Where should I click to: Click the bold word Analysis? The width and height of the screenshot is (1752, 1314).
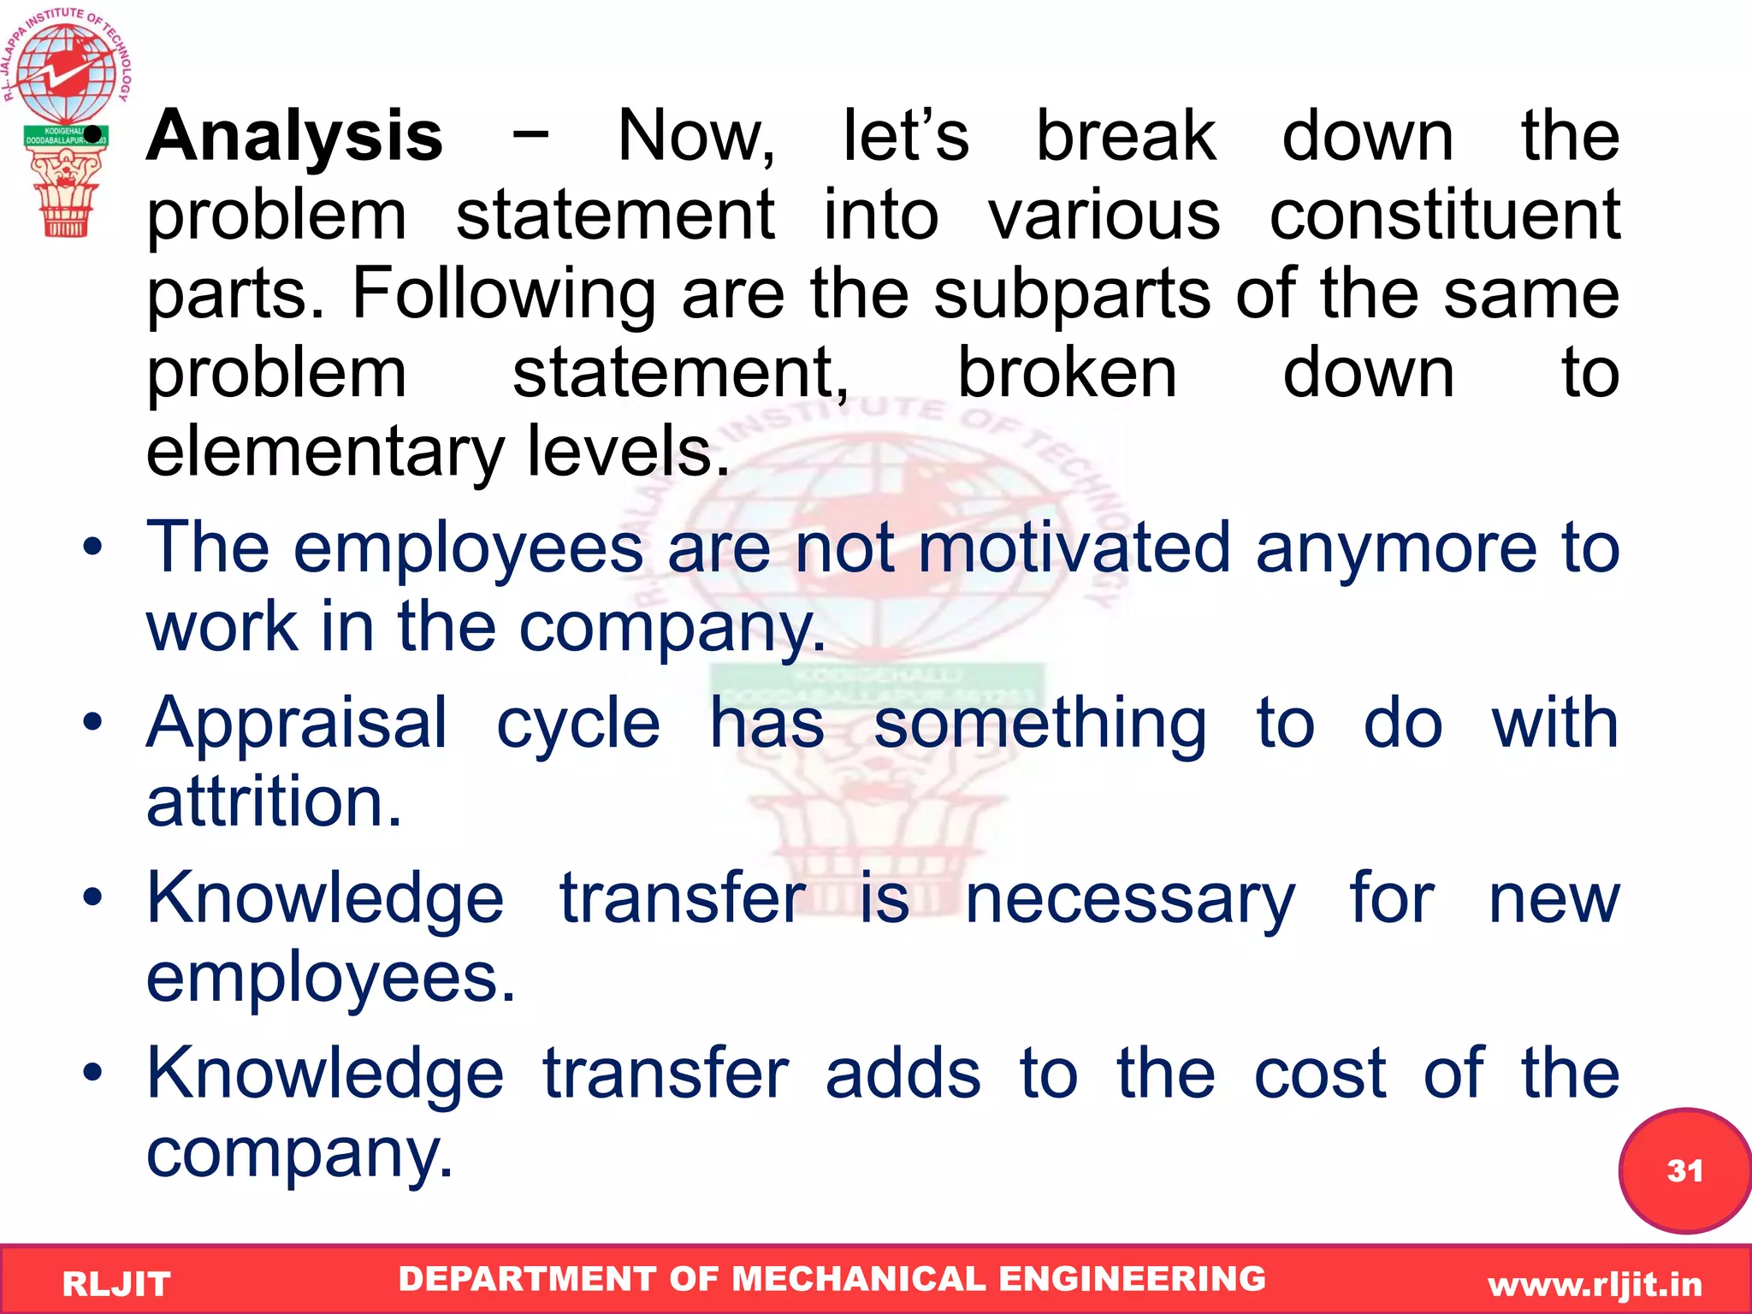tap(294, 137)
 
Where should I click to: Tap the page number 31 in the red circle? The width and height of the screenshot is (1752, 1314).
tap(1684, 1170)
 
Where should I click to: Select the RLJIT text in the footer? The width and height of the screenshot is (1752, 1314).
tap(116, 1284)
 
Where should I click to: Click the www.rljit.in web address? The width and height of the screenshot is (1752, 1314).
tap(1595, 1284)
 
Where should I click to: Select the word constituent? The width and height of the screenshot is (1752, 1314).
tap(1444, 216)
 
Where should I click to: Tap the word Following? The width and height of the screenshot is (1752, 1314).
tap(504, 294)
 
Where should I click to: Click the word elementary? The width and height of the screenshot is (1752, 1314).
tap(325, 452)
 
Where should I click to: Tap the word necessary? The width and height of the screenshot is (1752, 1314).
tap(1129, 900)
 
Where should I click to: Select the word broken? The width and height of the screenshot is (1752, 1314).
tap(1066, 373)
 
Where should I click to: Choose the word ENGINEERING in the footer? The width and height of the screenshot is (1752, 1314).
tap(1132, 1279)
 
